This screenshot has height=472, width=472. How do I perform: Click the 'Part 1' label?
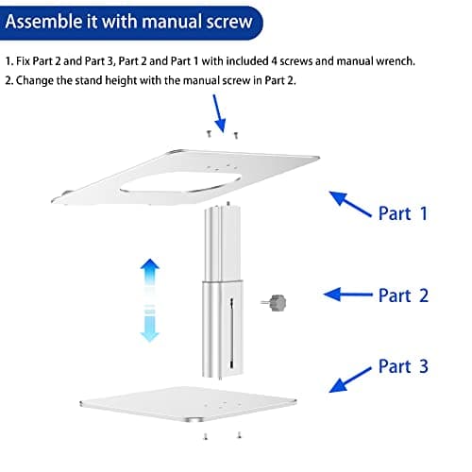tap(403, 213)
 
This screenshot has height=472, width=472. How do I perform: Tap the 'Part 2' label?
tap(403, 295)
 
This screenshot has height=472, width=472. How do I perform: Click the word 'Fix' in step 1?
tap(24, 61)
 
